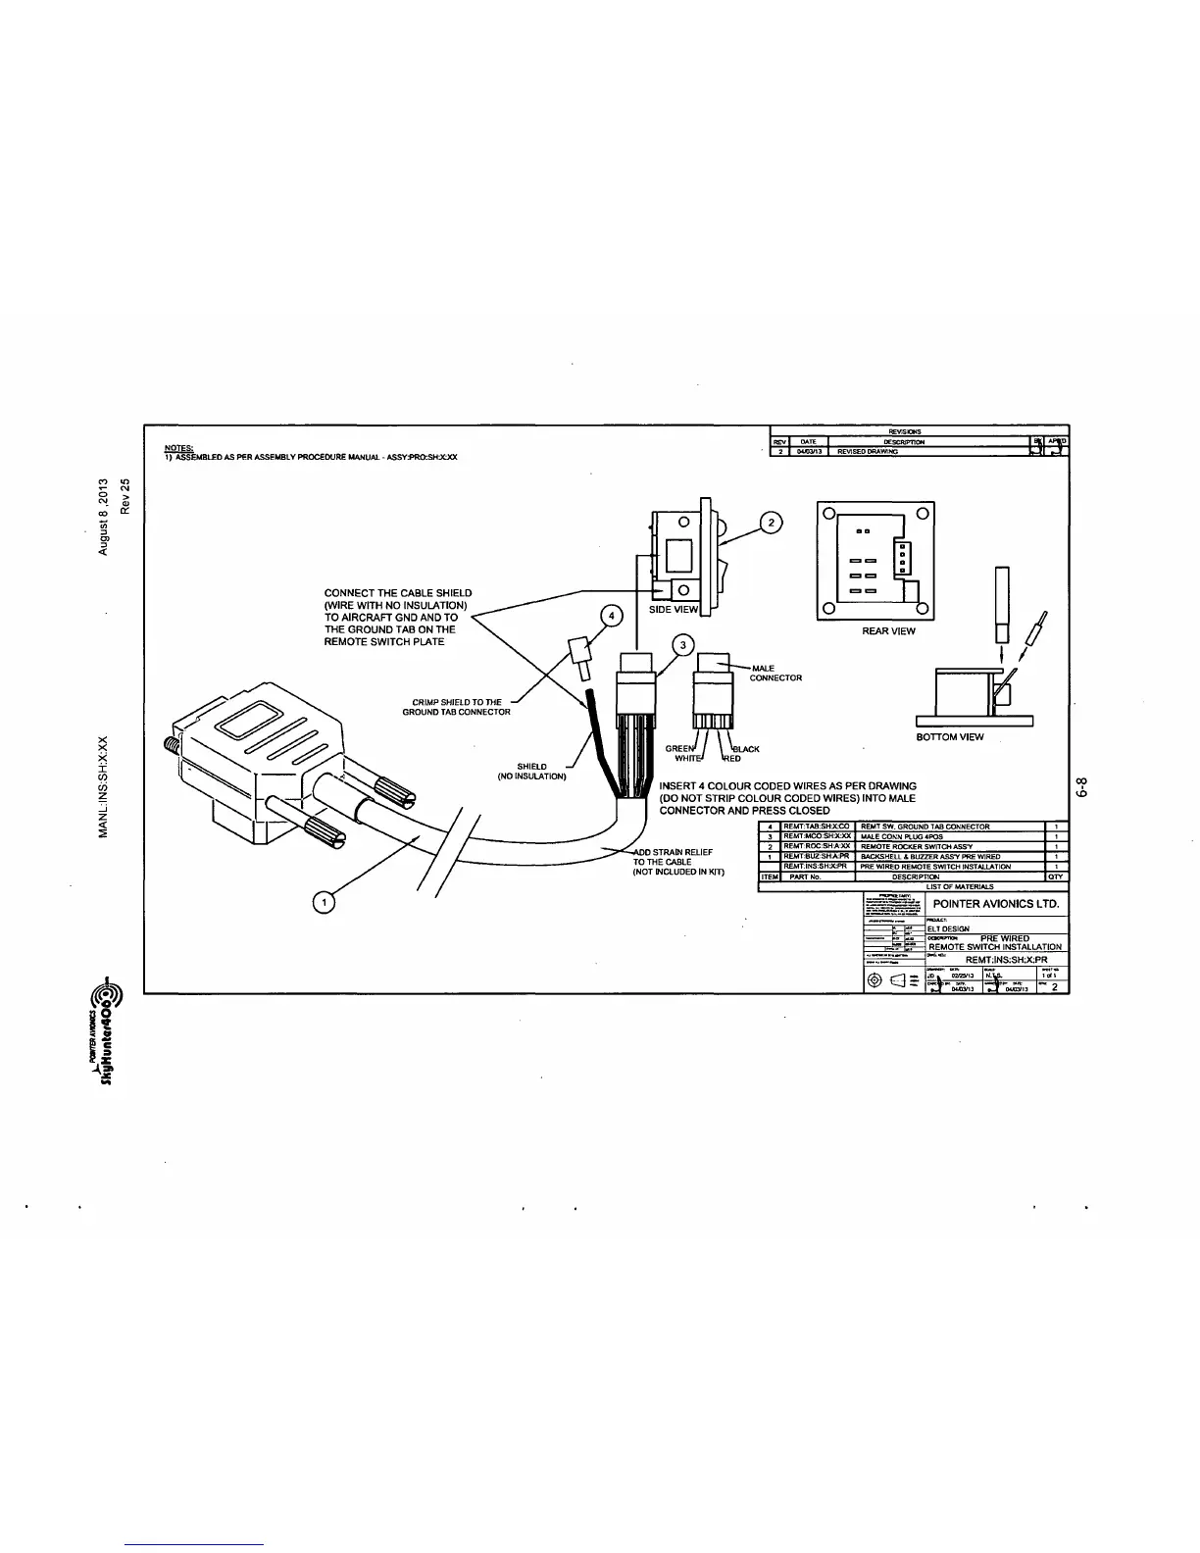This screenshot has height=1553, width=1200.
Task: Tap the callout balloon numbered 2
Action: click(x=772, y=523)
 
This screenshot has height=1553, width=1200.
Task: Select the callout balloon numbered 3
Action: click(x=682, y=644)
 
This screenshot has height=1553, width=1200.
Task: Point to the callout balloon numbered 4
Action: click(x=611, y=616)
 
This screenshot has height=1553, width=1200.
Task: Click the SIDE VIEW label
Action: click(x=674, y=610)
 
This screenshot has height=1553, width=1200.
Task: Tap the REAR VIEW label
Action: click(x=888, y=631)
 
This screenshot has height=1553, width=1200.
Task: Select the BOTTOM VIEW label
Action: click(x=950, y=737)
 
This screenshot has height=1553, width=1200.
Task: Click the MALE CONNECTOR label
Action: click(x=775, y=674)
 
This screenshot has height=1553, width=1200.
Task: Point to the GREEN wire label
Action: click(x=678, y=748)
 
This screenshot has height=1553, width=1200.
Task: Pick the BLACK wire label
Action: click(x=745, y=748)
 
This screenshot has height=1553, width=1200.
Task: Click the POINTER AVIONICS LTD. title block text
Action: click(x=996, y=903)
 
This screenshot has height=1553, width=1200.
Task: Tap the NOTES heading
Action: click(x=178, y=449)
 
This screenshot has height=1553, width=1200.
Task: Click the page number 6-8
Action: click(x=1082, y=788)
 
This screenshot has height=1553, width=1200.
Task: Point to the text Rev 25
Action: click(x=125, y=496)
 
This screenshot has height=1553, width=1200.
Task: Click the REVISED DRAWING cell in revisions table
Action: click(x=868, y=452)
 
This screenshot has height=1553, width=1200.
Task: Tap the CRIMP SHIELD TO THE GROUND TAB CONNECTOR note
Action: click(x=456, y=707)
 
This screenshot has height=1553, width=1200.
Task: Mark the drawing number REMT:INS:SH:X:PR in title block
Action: click(x=1006, y=960)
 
